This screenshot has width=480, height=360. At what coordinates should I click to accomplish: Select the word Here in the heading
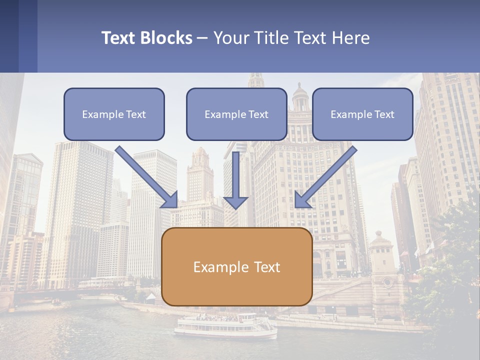pyautogui.click(x=351, y=38)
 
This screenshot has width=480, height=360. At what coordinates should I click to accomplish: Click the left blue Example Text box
pyautogui.click(x=114, y=114)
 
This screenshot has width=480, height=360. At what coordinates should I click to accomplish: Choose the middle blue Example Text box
pyautogui.click(x=236, y=114)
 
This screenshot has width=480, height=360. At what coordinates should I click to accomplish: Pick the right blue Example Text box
pyautogui.click(x=362, y=114)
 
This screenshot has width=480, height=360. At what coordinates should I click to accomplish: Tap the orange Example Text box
pyautogui.click(x=236, y=266)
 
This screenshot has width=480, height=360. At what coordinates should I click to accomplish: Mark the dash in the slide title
pyautogui.click(x=202, y=38)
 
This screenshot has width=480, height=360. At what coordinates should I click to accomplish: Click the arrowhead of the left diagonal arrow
pyautogui.click(x=170, y=200)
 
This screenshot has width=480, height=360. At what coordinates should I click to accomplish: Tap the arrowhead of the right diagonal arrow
pyautogui.click(x=302, y=200)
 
